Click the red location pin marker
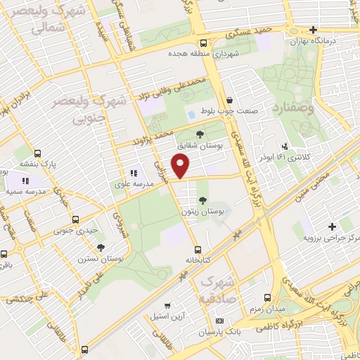point(181,166)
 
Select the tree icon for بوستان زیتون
point(203,200)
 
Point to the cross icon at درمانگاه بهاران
point(314,30)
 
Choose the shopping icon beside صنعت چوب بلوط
point(231,101)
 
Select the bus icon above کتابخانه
point(197,248)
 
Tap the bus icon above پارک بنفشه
point(37,152)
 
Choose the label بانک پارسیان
point(235,330)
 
